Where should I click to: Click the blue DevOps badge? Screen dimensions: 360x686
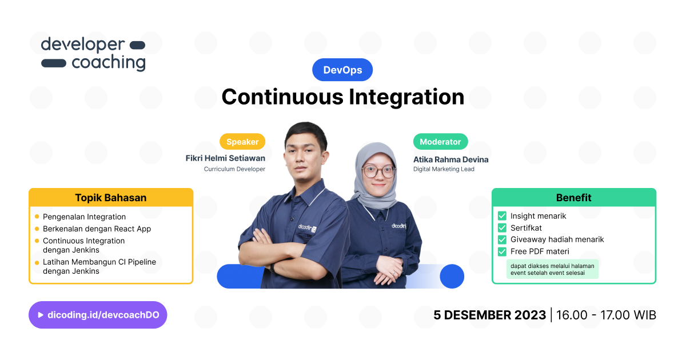coord(342,70)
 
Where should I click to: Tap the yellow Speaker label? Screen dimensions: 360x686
coord(242,142)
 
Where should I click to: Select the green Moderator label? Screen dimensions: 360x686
coord(440,142)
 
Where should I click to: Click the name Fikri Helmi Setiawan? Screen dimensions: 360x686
coord(225,158)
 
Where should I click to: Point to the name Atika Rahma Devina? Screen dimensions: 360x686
coord(451,159)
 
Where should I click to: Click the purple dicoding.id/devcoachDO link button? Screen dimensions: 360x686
coord(98,315)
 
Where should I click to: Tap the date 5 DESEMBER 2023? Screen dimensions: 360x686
coord(489,315)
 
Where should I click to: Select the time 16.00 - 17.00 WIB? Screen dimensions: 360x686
coord(606,315)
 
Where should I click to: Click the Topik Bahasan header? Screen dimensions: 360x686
coord(111,198)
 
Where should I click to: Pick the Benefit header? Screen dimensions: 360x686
coord(573,198)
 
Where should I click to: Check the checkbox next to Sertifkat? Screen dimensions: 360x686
coord(502,228)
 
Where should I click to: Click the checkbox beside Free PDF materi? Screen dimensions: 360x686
coord(502,251)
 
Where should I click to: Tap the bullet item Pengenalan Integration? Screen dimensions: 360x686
coord(84,217)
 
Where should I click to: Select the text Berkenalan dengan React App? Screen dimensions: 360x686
coord(97,229)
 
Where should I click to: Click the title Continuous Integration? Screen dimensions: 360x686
coord(342,97)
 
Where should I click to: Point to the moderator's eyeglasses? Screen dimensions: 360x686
coord(378,171)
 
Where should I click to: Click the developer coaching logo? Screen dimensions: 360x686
coord(93,54)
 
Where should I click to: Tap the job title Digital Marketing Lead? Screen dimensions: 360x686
coord(444,169)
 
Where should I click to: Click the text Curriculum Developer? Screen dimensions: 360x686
coord(234,169)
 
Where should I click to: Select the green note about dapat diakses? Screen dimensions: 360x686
coord(552,269)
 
